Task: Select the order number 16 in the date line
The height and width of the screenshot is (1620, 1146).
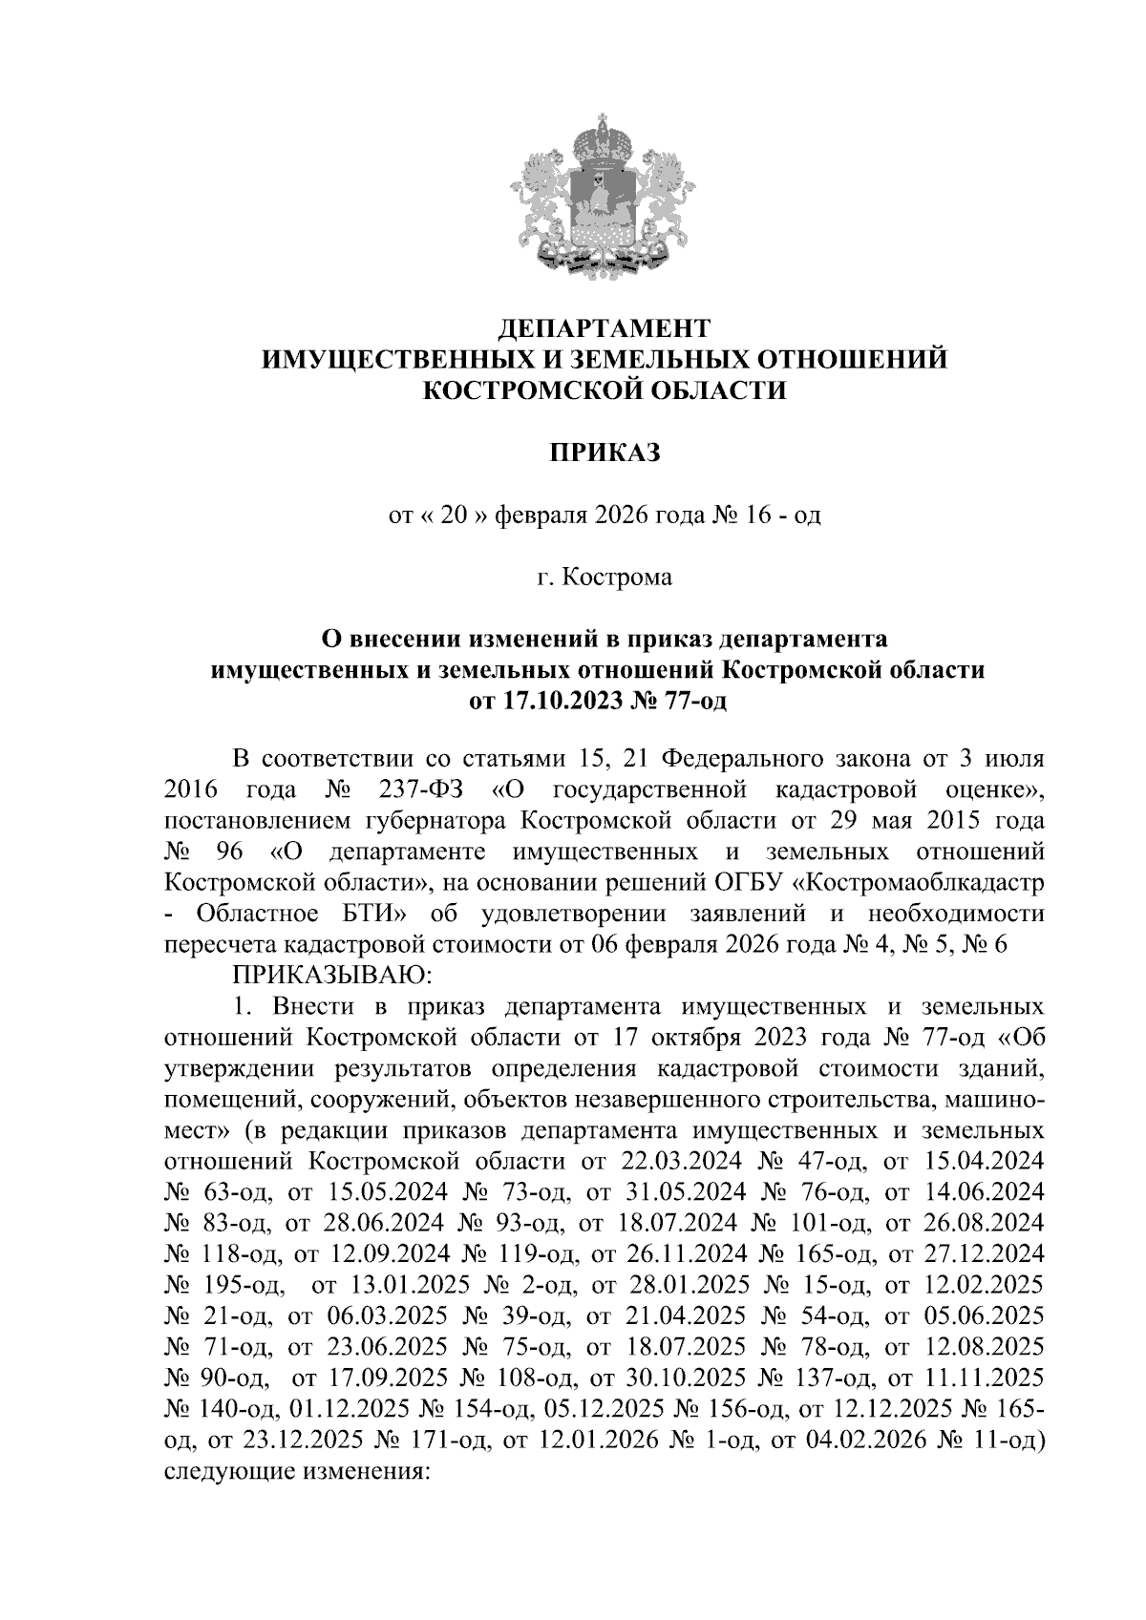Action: click(751, 516)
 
